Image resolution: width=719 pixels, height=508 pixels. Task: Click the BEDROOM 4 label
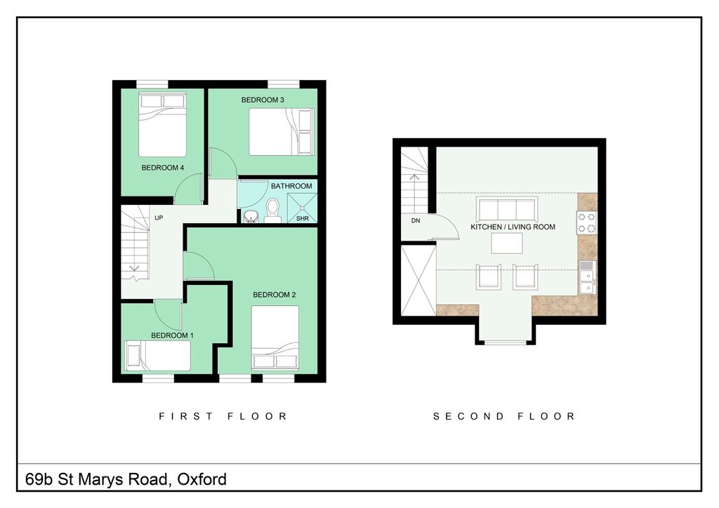162,168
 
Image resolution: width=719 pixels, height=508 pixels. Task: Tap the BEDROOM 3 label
263,100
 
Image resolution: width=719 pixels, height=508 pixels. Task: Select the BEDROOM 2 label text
274,295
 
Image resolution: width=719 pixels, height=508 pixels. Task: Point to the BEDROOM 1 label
172,335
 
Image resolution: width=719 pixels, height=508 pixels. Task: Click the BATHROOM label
291,186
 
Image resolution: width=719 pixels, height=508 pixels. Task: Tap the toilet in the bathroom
273,209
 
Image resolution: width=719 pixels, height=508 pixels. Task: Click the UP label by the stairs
159,218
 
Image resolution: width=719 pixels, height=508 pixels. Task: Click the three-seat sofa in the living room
506,208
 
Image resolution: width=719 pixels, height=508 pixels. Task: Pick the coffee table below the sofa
507,243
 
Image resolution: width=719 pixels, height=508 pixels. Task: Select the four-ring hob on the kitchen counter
587,222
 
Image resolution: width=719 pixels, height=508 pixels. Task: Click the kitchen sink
586,277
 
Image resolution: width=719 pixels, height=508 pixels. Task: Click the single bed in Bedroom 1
158,355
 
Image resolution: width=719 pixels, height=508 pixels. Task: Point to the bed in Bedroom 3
280,131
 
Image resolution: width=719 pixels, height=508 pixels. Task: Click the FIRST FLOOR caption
223,416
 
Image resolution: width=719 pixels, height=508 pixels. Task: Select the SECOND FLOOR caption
504,416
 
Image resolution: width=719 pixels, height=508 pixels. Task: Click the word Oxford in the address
202,480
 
